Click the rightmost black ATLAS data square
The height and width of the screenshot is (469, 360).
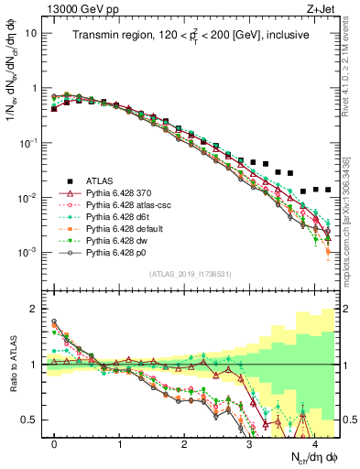328,190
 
